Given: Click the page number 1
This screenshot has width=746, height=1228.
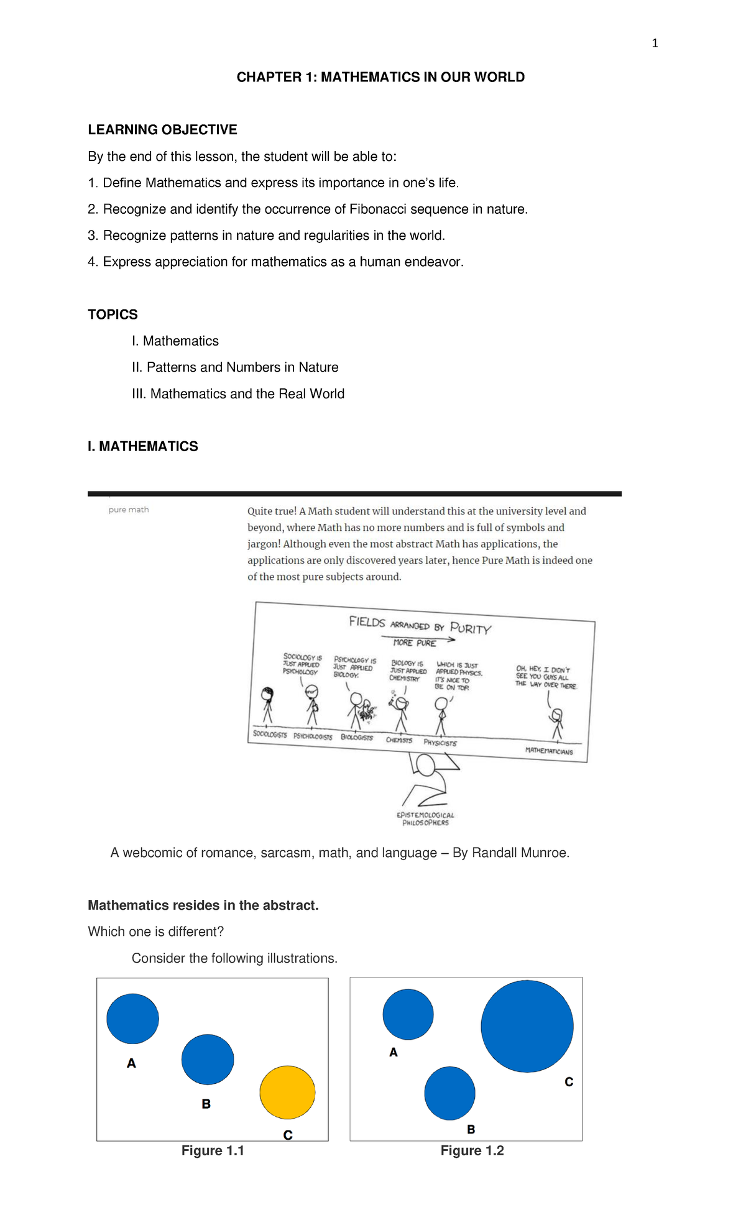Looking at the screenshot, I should [655, 43].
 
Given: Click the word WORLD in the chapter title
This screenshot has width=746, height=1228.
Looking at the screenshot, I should [499, 77].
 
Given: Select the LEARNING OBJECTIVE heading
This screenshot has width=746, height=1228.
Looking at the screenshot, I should [162, 129].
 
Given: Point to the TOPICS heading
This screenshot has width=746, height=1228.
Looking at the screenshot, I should [113, 314].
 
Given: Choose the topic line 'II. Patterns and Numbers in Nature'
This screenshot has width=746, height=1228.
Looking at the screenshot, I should [235, 367].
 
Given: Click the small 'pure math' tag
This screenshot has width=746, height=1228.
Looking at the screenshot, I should [129, 510].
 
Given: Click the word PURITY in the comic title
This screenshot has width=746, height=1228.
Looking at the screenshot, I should [471, 628].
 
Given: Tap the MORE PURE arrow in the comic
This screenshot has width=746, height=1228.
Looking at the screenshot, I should [418, 641].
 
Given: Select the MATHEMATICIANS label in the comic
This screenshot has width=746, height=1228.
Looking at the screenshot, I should [549, 751].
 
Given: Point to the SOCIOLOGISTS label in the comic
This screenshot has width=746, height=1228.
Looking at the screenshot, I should [270, 734].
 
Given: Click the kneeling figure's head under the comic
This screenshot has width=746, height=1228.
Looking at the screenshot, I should [426, 765].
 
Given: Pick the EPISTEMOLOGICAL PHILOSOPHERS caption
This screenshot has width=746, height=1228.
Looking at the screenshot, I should [425, 818].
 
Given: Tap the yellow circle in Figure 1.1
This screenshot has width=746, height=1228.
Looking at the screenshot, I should [287, 1092].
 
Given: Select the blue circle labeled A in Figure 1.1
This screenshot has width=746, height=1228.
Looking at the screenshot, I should [132, 1018].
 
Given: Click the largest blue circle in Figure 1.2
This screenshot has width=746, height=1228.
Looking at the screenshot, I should [527, 1026].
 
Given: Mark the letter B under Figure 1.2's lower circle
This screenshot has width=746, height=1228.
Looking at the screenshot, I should [471, 1129].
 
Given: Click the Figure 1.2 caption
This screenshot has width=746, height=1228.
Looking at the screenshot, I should [472, 1150].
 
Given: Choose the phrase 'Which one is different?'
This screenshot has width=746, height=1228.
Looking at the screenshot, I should [155, 932].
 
